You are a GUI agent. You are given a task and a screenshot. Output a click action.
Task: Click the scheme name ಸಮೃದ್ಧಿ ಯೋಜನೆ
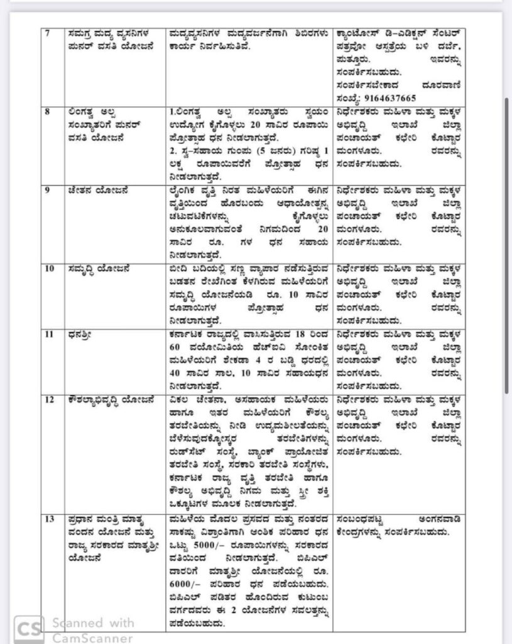point(101,268)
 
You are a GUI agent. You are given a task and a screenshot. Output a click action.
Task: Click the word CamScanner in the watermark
point(92,638)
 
